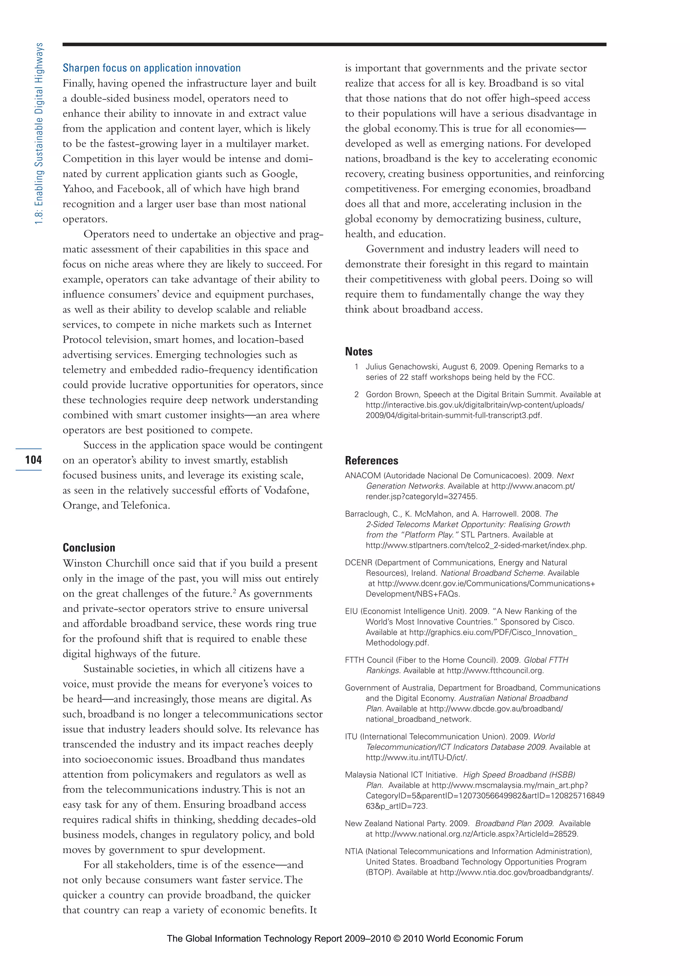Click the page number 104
coord(33,459)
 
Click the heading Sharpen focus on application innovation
coord(152,68)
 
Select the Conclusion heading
coord(89,548)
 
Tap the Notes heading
coord(358,352)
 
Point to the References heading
coord(371,460)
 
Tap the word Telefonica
coord(145,506)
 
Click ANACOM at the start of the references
coord(363,476)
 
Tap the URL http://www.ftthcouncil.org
coord(495,671)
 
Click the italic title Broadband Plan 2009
coord(514,823)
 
